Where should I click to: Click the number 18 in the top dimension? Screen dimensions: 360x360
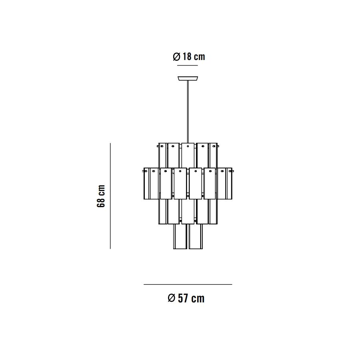click(187, 56)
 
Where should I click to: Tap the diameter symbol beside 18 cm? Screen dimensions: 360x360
click(176, 56)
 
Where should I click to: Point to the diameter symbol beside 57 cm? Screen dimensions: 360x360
click(172, 298)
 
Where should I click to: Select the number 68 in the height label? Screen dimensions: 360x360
click(101, 202)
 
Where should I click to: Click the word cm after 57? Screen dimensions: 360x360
click(198, 299)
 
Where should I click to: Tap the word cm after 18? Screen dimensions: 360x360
click(199, 57)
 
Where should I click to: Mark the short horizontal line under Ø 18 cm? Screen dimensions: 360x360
click(188, 66)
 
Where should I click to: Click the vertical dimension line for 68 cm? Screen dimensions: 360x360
click(110, 196)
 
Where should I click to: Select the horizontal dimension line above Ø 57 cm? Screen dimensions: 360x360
click(188, 284)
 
